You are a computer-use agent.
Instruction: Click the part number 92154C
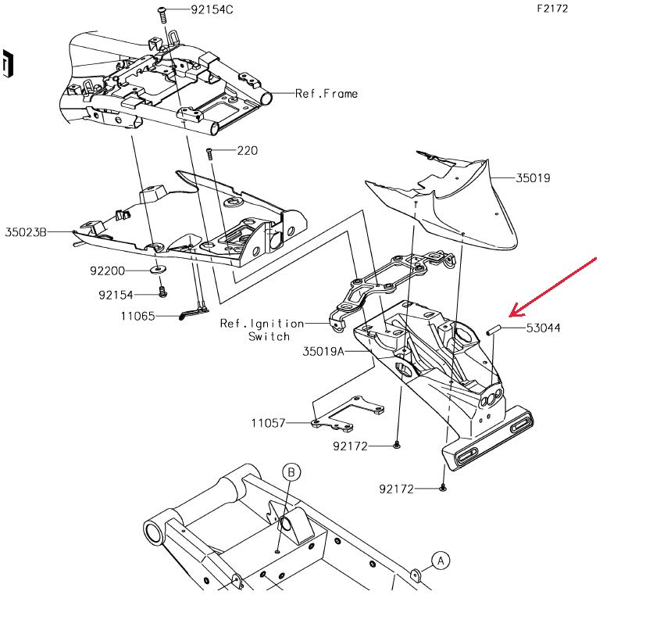tap(212, 10)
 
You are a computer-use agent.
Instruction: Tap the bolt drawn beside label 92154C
tap(162, 13)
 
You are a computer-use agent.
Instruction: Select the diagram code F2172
tap(551, 9)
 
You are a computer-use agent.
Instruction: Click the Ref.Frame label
tap(327, 93)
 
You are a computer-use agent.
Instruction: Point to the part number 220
tap(246, 150)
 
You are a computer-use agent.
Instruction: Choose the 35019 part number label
tap(533, 177)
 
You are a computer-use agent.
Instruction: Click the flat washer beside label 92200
tap(159, 270)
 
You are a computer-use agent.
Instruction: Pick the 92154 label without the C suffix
tap(116, 295)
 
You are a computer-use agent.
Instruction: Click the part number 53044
tap(543, 328)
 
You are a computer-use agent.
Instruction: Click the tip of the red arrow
tap(509, 317)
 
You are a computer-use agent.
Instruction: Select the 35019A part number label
tap(323, 352)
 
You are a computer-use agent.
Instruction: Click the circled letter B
tap(291, 472)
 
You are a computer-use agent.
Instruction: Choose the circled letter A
tap(440, 560)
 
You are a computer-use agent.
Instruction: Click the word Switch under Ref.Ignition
tap(269, 336)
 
